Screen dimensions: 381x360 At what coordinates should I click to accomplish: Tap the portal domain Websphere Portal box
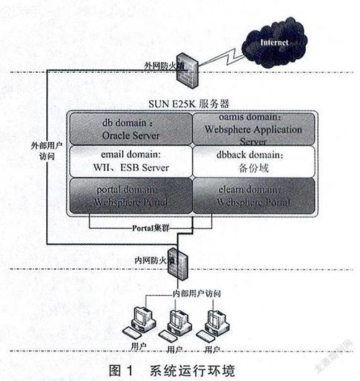pos(130,196)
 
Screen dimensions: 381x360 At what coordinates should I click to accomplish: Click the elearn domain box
pos(255,196)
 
